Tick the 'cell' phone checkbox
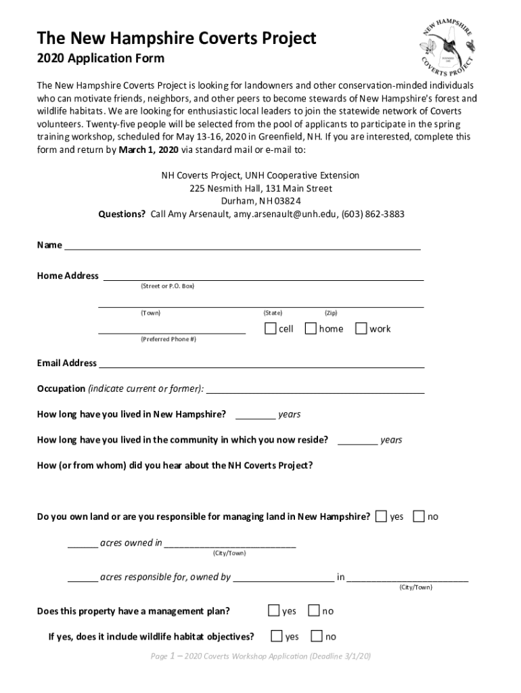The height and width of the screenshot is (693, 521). pos(271,329)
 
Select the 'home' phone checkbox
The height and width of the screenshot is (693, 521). pos(311,329)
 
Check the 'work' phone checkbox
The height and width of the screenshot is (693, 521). pos(361,329)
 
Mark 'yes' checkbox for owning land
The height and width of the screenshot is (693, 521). pos(382,516)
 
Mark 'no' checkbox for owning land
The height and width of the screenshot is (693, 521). pos(419,516)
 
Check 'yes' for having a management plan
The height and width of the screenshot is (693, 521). pos(274,610)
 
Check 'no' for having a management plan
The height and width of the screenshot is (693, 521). pos(313,610)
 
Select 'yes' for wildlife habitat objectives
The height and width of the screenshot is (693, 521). pos(277,636)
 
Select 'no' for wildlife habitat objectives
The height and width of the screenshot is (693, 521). pos(317,636)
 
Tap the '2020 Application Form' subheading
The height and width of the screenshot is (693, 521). pos(100,58)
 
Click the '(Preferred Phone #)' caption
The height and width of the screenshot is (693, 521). pos(168,338)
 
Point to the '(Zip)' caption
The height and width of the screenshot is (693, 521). pos(331,313)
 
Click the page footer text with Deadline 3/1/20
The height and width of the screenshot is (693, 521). pos(260,656)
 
